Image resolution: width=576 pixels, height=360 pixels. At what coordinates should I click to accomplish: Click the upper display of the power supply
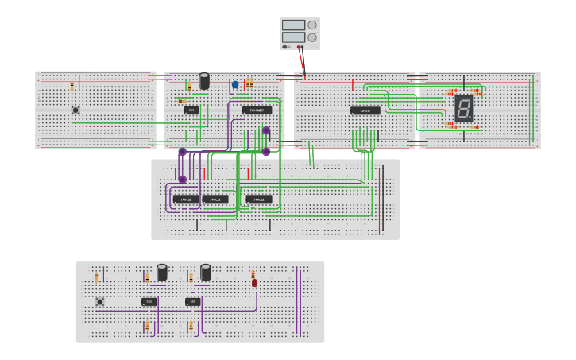pos(293,25)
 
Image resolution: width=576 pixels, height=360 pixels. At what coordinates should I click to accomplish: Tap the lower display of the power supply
pos(293,37)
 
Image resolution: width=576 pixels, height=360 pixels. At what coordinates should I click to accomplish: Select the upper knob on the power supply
pos(312,25)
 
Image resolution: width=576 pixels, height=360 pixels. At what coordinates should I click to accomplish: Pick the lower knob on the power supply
pos(312,37)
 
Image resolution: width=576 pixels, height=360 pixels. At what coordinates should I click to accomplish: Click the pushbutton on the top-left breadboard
pos(75,110)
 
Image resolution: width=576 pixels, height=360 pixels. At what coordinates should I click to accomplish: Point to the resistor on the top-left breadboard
pos(72,86)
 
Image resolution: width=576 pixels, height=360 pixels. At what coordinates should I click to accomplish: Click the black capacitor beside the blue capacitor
pos(204,81)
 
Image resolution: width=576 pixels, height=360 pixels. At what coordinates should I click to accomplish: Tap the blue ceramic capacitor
pos(235,84)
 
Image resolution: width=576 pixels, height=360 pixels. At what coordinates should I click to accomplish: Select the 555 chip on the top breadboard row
pos(191,110)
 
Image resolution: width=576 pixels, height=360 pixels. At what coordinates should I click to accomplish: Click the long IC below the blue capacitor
pos(257,110)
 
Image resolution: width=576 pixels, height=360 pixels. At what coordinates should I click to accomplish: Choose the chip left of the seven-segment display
pos(365,111)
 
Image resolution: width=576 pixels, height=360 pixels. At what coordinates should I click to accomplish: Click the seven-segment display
pos(464,108)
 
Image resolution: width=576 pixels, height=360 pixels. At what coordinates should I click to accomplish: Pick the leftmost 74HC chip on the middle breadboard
pos(186,199)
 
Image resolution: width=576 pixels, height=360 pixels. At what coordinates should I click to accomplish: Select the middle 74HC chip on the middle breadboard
pos(215,199)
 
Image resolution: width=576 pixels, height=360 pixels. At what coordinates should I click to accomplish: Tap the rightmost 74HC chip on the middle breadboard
pos(259,199)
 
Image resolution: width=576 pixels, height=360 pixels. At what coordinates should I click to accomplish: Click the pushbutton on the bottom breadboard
pos(100,301)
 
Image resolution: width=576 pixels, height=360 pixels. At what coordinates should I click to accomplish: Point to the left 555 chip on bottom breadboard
pos(149,302)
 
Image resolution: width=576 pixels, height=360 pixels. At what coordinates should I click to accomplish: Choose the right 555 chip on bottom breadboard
pos(192,302)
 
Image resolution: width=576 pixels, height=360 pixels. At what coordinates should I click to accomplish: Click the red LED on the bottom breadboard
pos(254,282)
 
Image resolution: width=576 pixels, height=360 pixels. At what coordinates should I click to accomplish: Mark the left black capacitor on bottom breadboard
pos(162,273)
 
